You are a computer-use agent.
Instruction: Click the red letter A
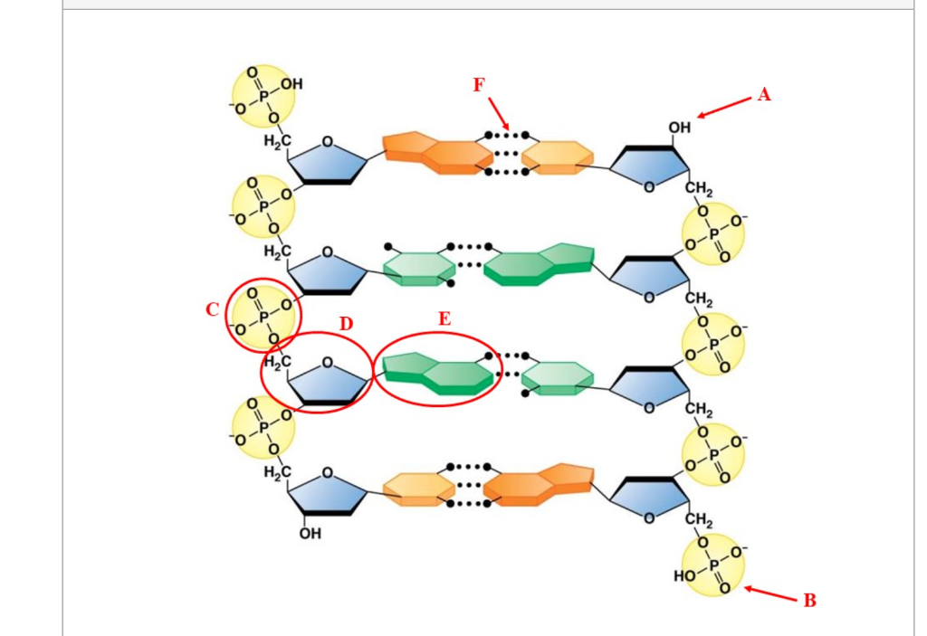click(764, 95)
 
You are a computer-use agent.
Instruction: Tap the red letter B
click(809, 601)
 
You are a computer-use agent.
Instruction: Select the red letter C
click(212, 309)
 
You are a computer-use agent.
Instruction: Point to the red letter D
click(346, 324)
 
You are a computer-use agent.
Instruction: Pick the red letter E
click(444, 319)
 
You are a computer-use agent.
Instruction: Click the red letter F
click(479, 85)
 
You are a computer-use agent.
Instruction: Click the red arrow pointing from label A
click(724, 108)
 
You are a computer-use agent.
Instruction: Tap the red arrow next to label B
click(770, 593)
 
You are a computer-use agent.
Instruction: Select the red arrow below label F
click(499, 114)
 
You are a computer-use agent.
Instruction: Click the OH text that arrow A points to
click(679, 127)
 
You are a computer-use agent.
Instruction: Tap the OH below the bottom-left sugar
click(311, 533)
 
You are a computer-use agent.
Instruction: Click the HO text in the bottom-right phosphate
click(684, 575)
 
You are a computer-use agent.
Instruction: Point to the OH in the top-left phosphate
click(291, 84)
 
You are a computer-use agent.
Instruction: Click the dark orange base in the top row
click(437, 153)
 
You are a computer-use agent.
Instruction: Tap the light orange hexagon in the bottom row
click(418, 489)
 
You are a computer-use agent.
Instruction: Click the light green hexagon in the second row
click(418, 269)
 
